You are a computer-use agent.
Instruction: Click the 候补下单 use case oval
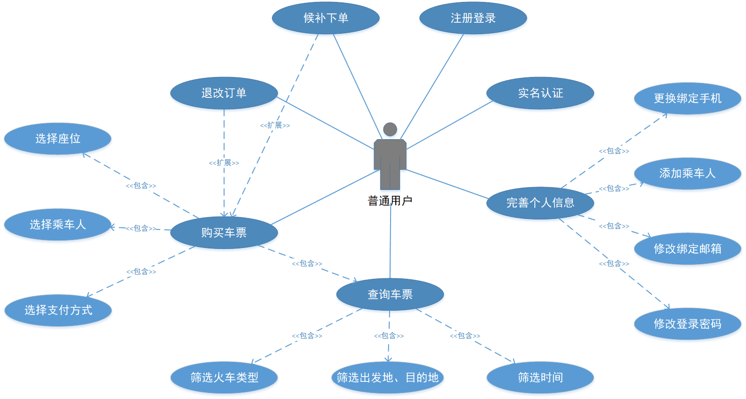click(x=326, y=18)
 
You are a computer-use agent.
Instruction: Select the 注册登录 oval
click(x=473, y=18)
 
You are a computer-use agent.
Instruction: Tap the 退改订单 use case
click(x=224, y=93)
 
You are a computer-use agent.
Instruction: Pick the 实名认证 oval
click(x=540, y=93)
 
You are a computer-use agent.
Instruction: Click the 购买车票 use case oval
click(x=224, y=233)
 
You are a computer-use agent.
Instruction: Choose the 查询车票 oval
click(x=390, y=294)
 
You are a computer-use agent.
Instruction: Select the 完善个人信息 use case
click(x=540, y=203)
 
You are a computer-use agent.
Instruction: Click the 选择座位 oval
click(x=58, y=139)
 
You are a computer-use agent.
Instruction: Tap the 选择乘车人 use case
click(x=58, y=224)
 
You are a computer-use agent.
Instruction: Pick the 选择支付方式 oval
click(x=58, y=310)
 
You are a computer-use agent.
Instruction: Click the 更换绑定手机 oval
click(x=688, y=98)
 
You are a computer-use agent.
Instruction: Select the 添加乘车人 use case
click(x=688, y=173)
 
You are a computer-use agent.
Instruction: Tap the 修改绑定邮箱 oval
click(x=688, y=248)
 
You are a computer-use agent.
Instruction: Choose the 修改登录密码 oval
click(x=688, y=323)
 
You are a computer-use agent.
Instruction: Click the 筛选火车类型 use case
click(x=224, y=378)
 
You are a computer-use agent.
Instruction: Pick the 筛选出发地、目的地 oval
click(x=388, y=378)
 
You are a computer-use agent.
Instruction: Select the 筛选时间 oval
click(x=540, y=378)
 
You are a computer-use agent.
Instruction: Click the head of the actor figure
click(x=390, y=129)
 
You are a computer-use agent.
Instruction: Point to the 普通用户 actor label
click(x=390, y=201)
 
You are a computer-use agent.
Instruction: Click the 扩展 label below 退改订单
click(x=224, y=163)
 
